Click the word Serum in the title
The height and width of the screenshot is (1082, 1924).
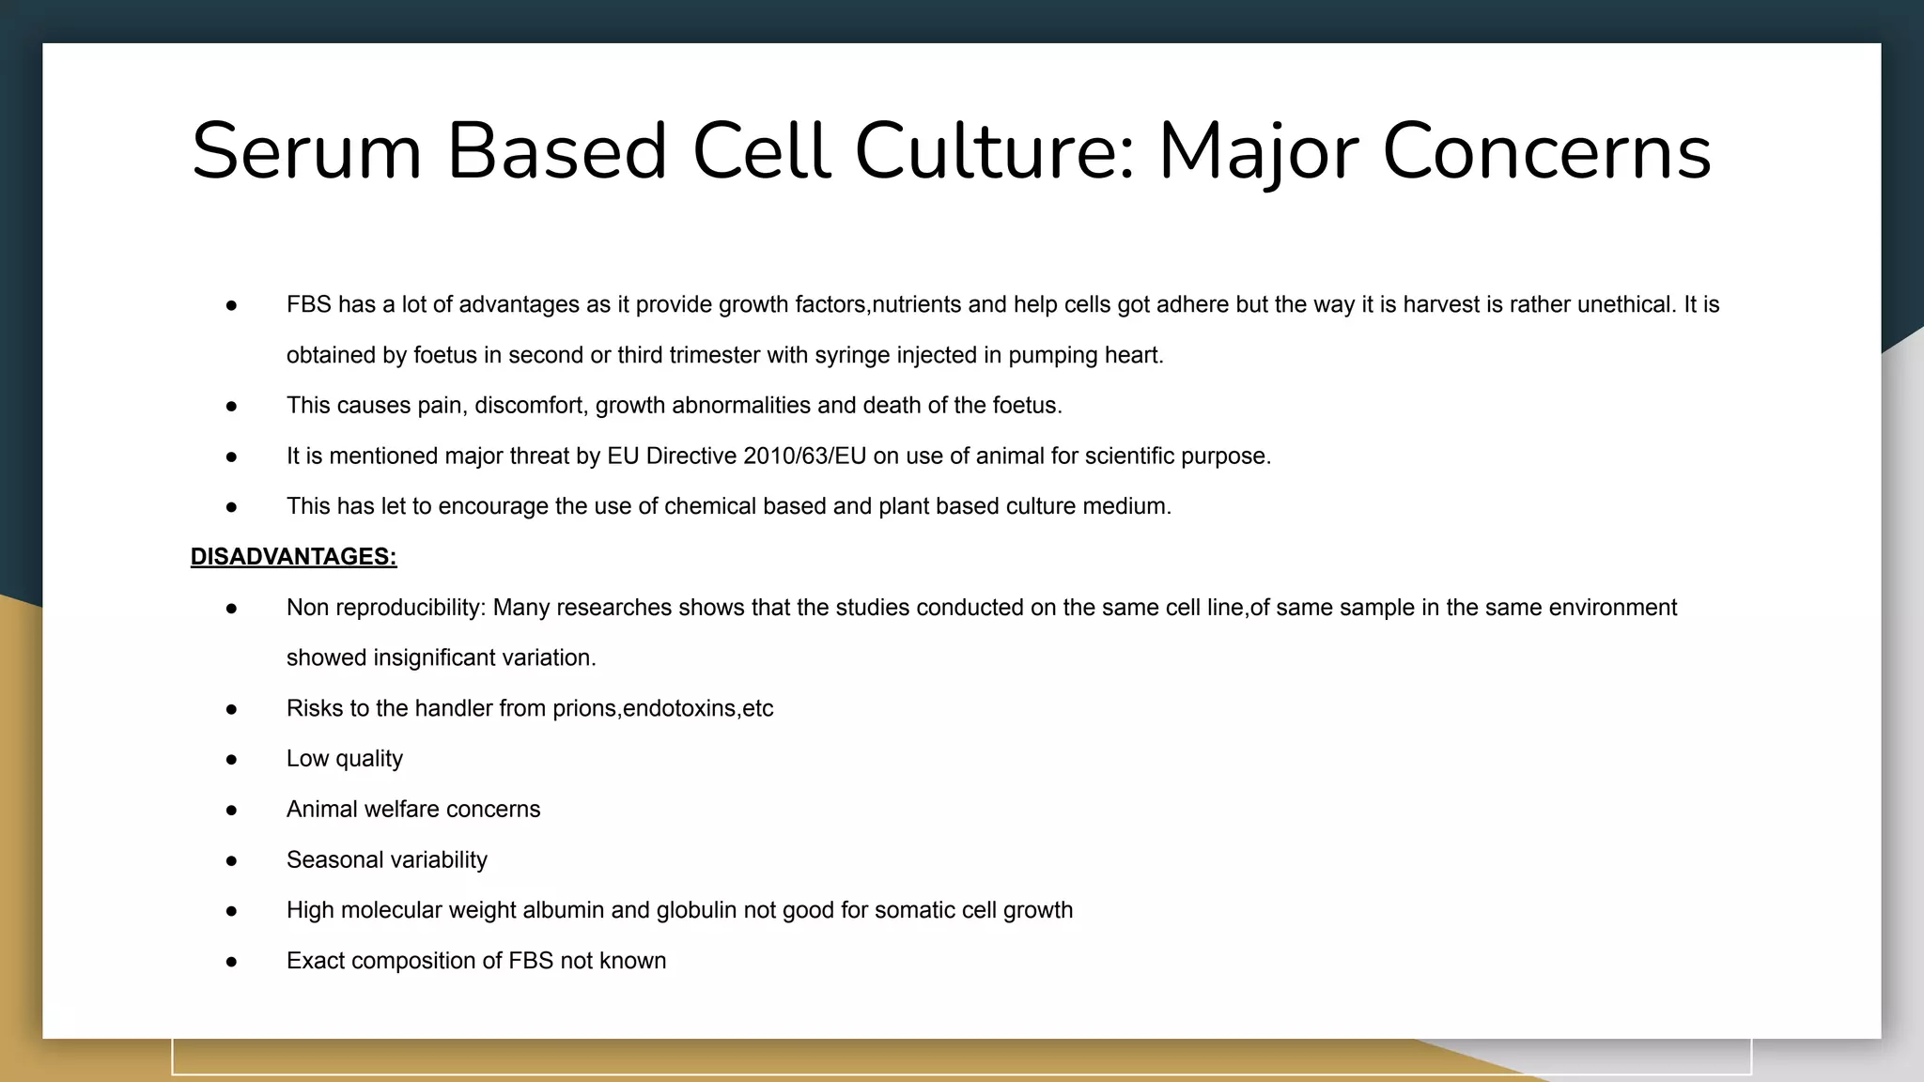[306, 152]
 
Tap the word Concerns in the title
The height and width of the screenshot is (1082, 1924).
[1546, 152]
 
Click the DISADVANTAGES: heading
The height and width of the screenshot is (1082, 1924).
[293, 557]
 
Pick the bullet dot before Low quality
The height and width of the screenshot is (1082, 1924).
[231, 759]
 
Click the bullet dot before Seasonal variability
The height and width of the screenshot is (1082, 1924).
[231, 860]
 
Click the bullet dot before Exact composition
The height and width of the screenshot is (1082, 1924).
[231, 962]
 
